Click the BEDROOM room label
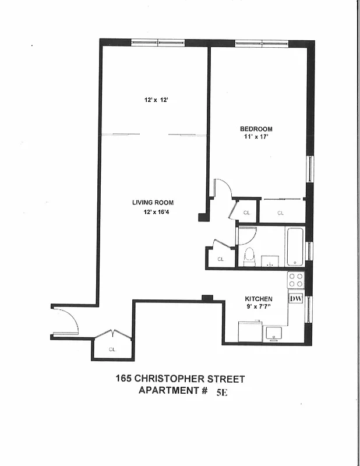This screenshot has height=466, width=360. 256,129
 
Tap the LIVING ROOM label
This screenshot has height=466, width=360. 153,203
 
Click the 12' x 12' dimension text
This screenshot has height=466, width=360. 156,100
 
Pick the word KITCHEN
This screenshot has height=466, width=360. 259,299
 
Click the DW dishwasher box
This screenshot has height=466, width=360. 295,299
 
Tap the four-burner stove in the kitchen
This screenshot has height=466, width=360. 296,280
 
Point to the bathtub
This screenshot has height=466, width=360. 294,247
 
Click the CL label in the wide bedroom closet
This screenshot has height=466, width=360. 280,213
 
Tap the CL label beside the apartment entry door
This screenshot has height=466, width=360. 112,349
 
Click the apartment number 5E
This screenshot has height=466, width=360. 222,392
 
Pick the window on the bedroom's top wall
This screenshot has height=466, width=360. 262,43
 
